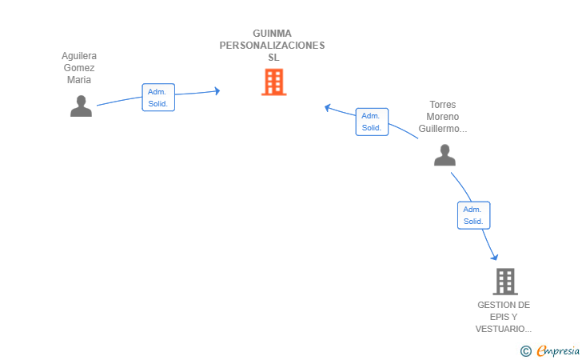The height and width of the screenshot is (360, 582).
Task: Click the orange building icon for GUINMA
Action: coord(274,82)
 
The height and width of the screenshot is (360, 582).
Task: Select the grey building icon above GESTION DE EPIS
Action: coord(505,282)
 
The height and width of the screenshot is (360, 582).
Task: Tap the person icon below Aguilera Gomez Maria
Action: coord(81,106)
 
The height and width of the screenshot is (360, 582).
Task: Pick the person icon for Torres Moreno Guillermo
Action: coord(444,155)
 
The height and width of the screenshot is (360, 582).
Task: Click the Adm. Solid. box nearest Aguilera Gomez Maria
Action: coord(158,98)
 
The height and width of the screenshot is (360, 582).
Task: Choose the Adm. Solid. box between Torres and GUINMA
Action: coord(372,122)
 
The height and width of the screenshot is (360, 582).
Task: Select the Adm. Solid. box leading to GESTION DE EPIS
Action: coord(473,215)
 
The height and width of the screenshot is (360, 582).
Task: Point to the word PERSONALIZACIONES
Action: coord(272,46)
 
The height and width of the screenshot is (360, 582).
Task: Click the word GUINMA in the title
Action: coord(272,34)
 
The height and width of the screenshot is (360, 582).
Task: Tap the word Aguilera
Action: coord(79,56)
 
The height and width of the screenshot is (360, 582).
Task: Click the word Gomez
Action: coord(79,68)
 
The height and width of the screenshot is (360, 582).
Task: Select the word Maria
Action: coord(79,80)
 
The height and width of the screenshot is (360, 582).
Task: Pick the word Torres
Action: coord(443,105)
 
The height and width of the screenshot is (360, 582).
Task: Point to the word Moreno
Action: coord(443,117)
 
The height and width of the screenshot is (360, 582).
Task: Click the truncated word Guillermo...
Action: coord(443,129)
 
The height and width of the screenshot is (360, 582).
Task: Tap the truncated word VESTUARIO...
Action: coord(504,329)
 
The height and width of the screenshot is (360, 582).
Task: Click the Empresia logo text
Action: coord(558,350)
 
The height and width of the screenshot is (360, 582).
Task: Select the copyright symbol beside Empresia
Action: coord(526,351)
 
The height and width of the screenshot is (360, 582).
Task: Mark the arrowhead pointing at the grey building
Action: coord(494,257)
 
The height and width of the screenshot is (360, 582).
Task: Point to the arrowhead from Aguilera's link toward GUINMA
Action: coord(217,90)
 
